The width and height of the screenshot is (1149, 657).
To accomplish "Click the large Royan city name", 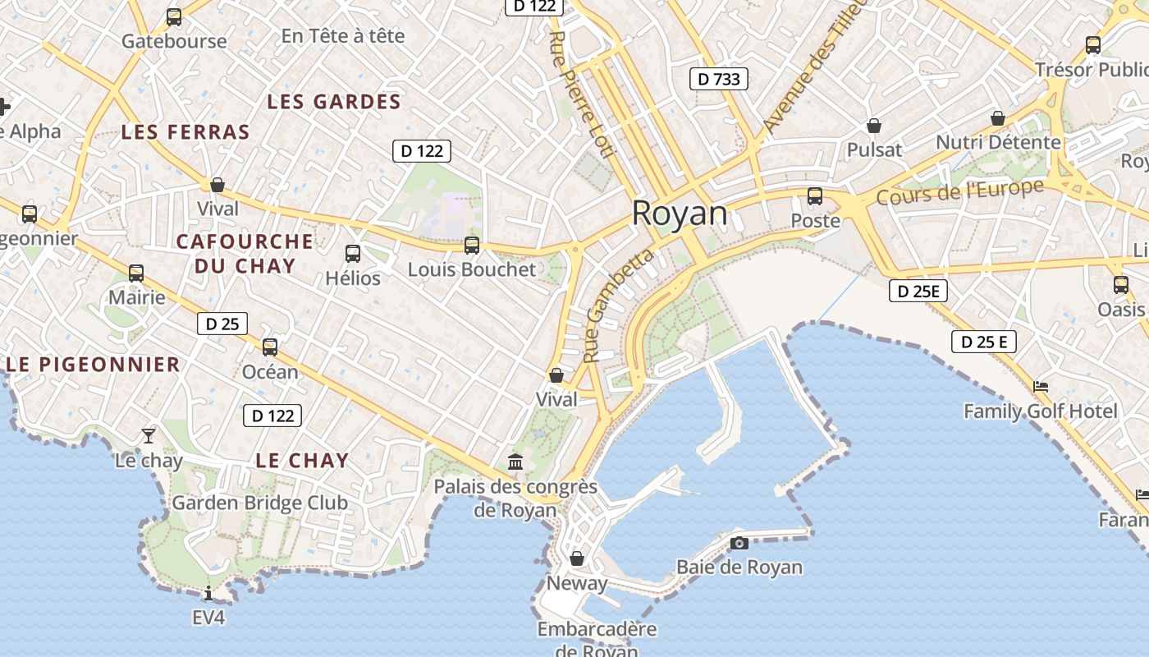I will [680, 214].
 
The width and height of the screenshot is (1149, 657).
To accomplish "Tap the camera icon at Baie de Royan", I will [739, 543].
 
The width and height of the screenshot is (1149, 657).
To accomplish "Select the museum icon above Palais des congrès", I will [515, 462].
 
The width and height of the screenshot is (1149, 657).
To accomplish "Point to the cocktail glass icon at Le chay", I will [149, 435].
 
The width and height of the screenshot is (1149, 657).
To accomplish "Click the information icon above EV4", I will [208, 593].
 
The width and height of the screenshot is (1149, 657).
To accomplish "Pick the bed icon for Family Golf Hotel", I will [1041, 386].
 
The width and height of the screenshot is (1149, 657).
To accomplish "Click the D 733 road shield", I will [718, 79].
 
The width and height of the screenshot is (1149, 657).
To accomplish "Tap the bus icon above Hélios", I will [353, 253].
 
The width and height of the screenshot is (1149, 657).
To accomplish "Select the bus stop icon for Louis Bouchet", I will [472, 245].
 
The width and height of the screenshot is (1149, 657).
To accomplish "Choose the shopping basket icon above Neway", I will [577, 558].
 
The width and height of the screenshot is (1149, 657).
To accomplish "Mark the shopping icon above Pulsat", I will [874, 126].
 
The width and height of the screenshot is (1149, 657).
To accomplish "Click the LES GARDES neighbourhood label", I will [334, 102].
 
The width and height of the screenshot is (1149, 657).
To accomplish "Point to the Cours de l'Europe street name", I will [959, 193].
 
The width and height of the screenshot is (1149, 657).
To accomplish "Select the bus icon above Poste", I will [815, 196].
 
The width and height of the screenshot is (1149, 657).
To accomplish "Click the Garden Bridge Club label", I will [259, 503].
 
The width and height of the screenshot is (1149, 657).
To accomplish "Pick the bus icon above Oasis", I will [1121, 285].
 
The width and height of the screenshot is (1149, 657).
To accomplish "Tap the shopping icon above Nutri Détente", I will [998, 118].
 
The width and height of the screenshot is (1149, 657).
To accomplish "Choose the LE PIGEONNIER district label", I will [93, 365].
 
